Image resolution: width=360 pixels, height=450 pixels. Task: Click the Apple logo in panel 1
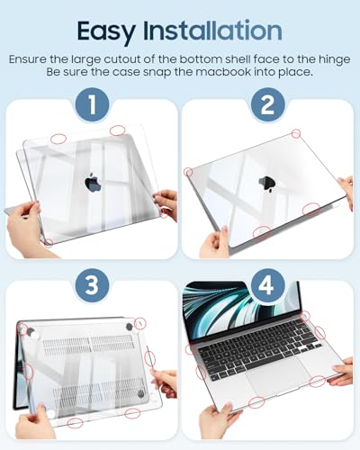93,183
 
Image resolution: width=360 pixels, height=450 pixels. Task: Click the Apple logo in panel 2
267,184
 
